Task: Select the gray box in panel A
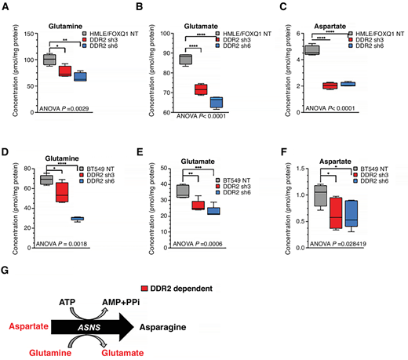click(49, 60)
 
